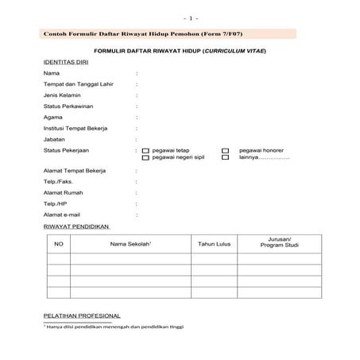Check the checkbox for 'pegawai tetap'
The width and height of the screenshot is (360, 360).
(x=145, y=150)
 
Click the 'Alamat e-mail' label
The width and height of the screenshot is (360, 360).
(x=63, y=215)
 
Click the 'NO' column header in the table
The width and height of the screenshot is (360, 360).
(x=58, y=244)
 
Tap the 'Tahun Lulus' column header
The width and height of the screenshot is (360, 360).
(x=214, y=244)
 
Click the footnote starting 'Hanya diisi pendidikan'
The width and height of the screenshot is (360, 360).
(x=114, y=327)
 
